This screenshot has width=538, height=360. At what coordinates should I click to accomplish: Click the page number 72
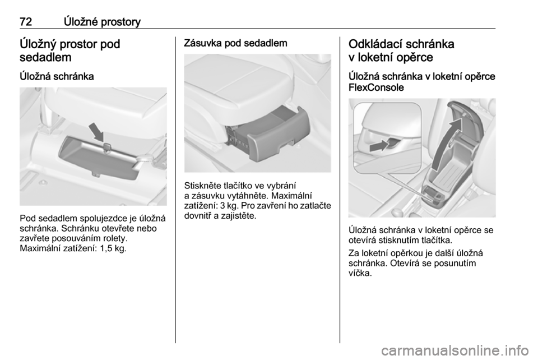pos(26,22)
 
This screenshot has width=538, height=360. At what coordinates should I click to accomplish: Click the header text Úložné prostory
pos(102,22)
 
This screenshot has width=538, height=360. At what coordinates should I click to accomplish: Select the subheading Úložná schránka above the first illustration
pos(57,76)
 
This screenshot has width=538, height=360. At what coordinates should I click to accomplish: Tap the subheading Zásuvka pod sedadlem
pos(236,43)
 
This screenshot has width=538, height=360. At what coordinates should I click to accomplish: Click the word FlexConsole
pos(376,87)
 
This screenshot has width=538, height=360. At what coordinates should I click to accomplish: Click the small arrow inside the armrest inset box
pos(379,146)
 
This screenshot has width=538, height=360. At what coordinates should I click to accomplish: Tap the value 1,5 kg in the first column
pos(113,248)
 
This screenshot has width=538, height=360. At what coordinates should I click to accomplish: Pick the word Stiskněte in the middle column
pos(201,186)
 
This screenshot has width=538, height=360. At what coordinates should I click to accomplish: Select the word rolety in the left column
pos(116,238)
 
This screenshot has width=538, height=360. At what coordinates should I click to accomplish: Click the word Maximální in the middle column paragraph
pos(293,196)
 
